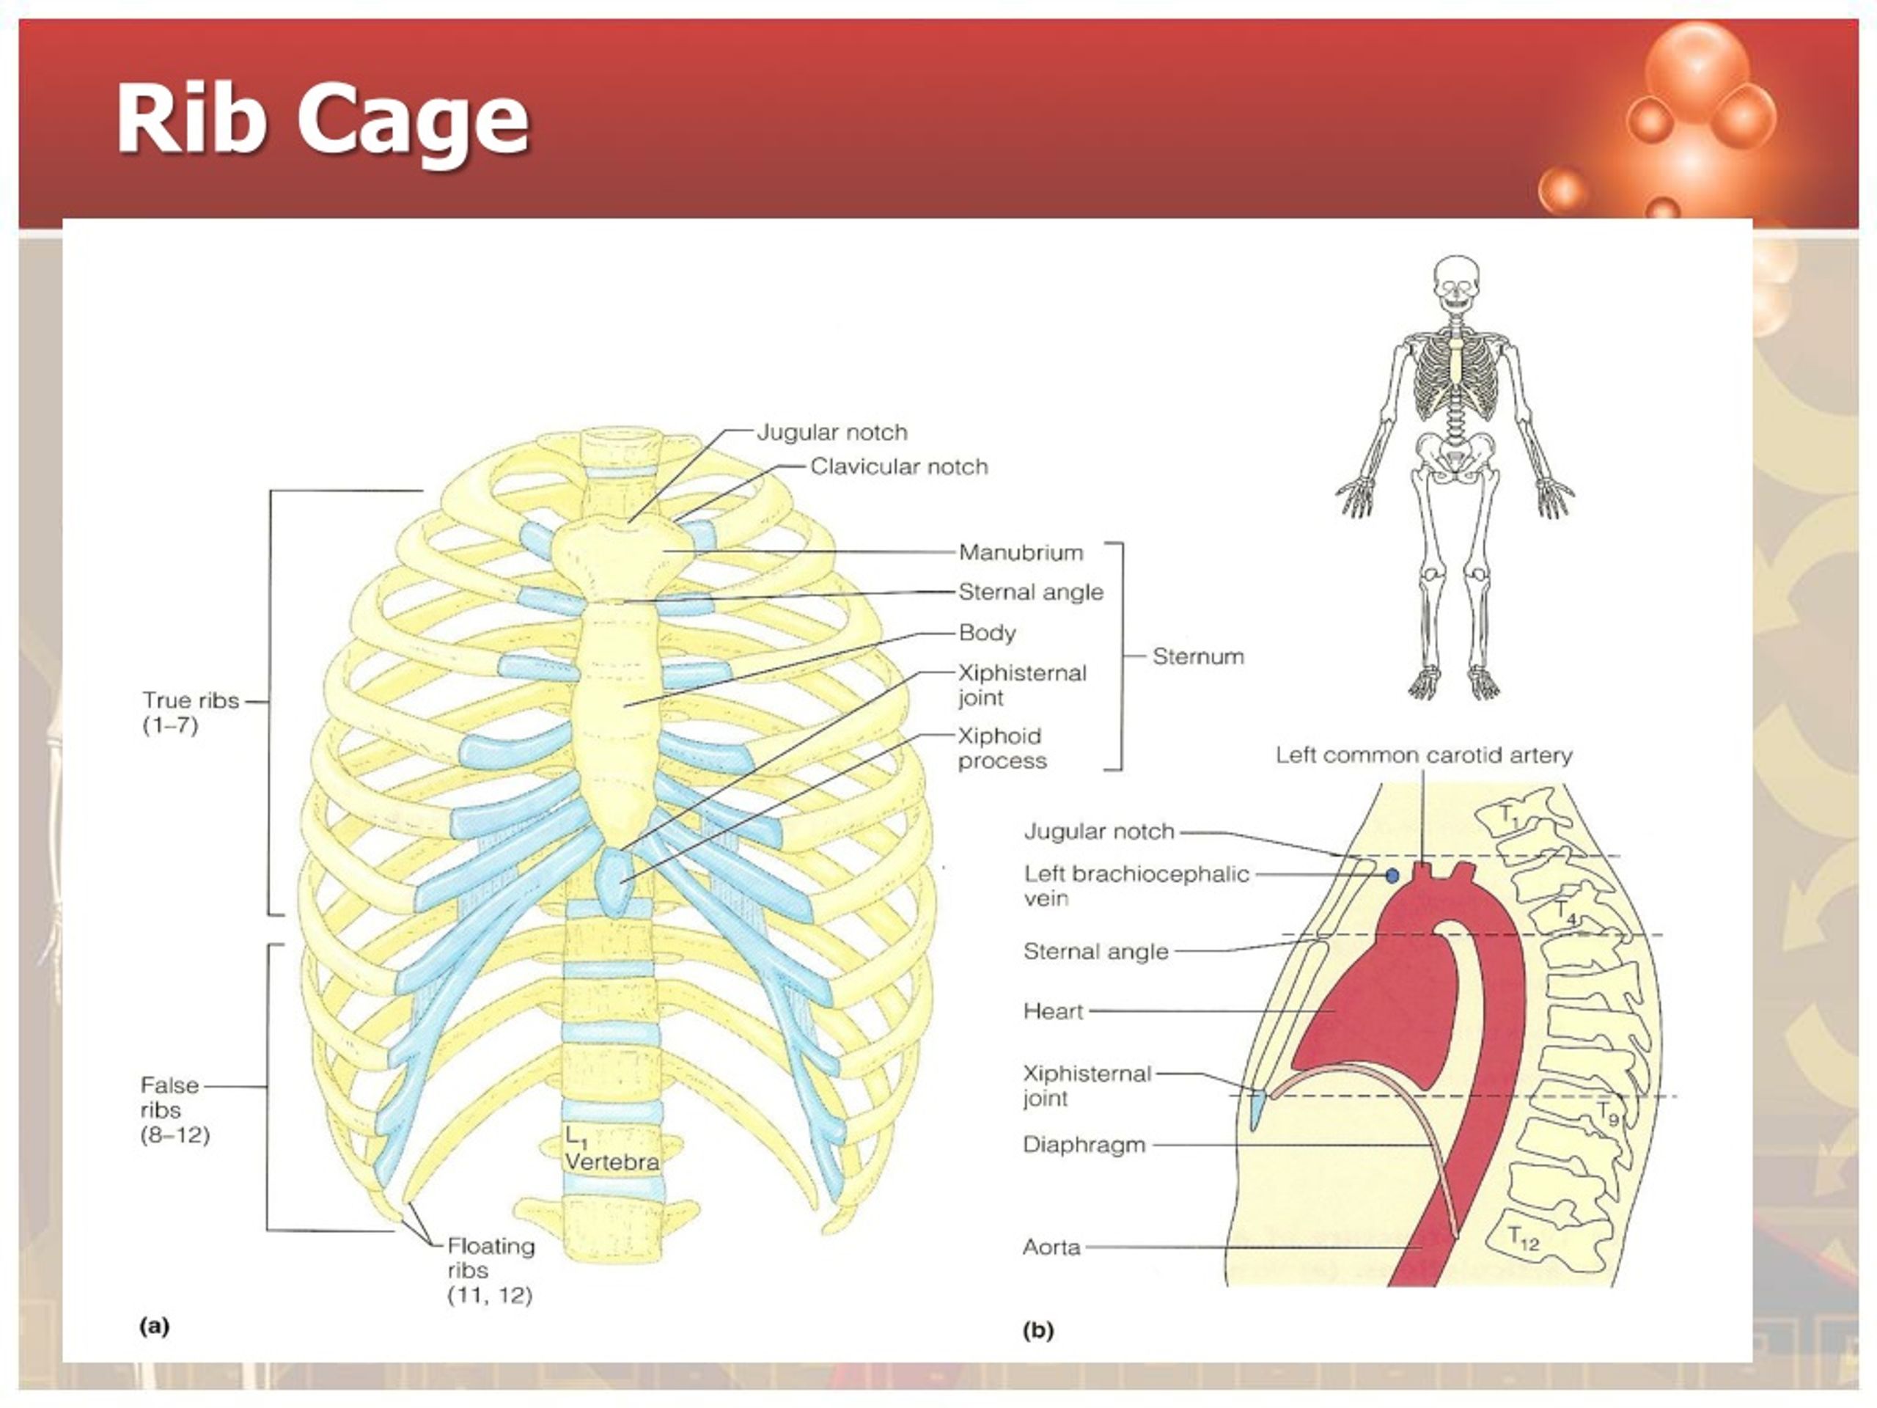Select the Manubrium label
(x=1021, y=552)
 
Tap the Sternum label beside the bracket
(x=1198, y=656)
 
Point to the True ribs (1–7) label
(x=190, y=713)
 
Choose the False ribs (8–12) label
(x=174, y=1110)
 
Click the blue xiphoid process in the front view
(x=614, y=883)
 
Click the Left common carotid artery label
(x=1424, y=755)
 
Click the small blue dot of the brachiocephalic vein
(x=1392, y=875)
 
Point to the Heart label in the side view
(x=1053, y=1011)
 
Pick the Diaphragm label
(x=1084, y=1145)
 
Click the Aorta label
(x=1051, y=1247)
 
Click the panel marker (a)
(x=155, y=1326)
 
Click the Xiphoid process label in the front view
(x=1002, y=749)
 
